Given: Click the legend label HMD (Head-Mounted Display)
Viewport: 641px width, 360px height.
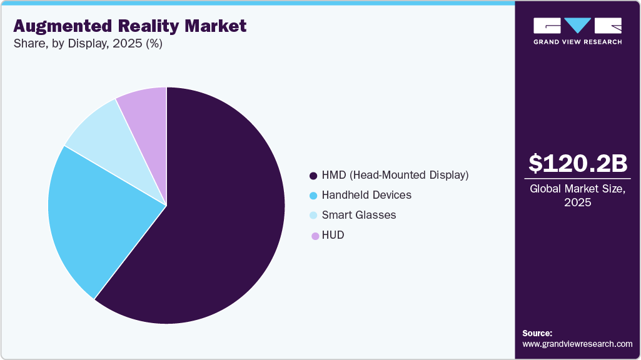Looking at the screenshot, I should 395,175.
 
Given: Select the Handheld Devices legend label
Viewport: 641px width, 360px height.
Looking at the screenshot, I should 366,195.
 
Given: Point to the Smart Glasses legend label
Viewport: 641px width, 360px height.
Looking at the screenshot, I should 359,215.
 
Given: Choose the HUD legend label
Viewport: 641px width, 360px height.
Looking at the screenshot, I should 333,235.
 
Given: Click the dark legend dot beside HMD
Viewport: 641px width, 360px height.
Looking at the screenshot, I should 313,176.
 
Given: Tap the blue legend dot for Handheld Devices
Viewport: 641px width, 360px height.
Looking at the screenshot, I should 313,196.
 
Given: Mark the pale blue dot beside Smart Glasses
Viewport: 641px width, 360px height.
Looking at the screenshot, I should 313,216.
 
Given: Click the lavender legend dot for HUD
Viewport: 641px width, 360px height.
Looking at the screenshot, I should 313,236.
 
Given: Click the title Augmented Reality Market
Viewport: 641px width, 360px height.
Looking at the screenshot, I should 130,26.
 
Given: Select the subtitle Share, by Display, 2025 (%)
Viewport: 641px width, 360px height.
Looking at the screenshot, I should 88,44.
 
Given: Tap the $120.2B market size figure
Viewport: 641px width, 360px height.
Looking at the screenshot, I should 577,164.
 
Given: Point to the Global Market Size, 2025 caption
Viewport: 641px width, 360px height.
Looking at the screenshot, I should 577,196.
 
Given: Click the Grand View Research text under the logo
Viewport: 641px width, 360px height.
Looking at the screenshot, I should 577,42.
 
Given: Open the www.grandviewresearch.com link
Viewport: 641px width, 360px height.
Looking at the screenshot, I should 577,344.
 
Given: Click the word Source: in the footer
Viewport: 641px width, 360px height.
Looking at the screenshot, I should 537,333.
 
